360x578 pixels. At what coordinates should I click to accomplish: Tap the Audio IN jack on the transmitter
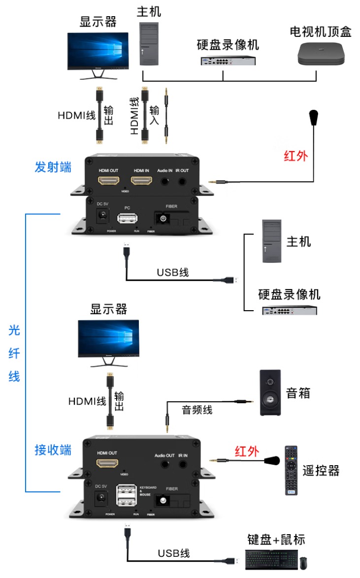point(164,181)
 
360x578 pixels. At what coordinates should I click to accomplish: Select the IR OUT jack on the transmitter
point(182,181)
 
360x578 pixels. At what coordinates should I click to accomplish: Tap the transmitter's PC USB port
point(127,218)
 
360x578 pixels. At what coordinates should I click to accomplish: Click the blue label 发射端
point(53,167)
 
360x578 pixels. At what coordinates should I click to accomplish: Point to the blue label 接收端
point(53,450)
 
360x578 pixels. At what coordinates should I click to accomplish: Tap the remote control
point(292,470)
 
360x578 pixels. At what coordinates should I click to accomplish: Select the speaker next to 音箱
point(270,392)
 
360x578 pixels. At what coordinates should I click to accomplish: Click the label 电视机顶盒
point(320,32)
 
